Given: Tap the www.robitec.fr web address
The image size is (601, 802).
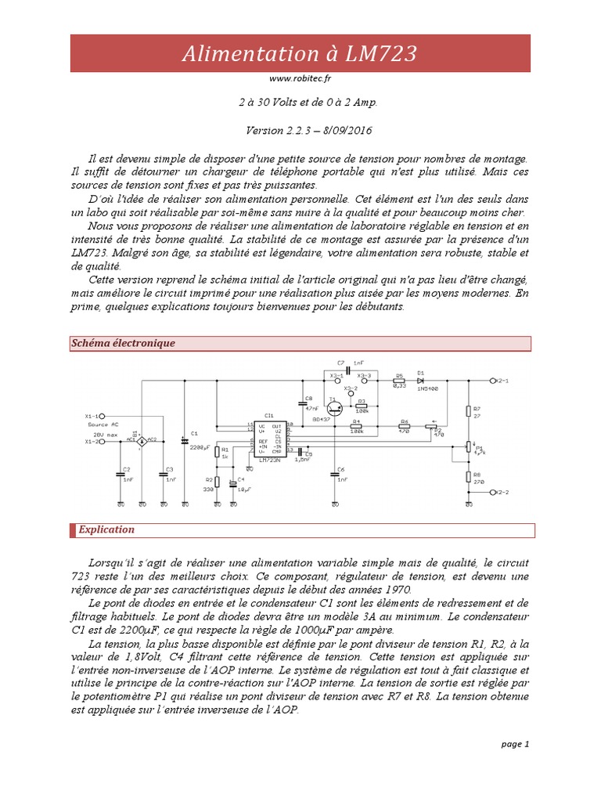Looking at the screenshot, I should (300, 78).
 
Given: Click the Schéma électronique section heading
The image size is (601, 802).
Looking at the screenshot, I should (123, 344).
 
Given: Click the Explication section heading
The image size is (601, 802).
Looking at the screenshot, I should (106, 530).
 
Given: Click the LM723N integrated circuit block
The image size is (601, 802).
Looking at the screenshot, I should (268, 439).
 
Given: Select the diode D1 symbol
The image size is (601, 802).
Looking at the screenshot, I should (421, 381).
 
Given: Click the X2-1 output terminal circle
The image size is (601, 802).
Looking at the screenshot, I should (491, 381).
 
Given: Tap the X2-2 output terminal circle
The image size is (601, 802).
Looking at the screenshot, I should (491, 492).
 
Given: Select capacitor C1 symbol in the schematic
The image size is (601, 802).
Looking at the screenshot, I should (185, 443).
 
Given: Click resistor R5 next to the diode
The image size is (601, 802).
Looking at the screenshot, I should (399, 381).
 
